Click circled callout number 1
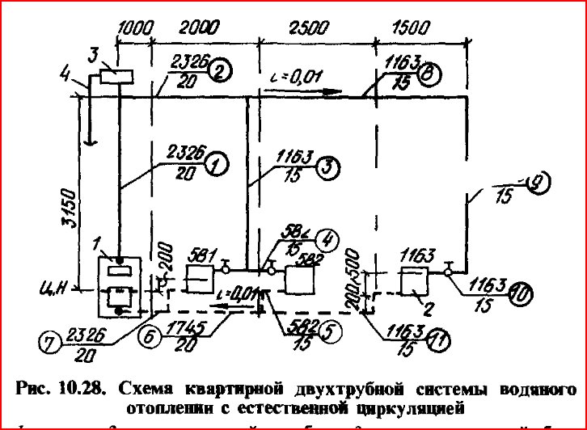point(215,165)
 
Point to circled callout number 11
point(440,339)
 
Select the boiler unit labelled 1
point(120,286)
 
